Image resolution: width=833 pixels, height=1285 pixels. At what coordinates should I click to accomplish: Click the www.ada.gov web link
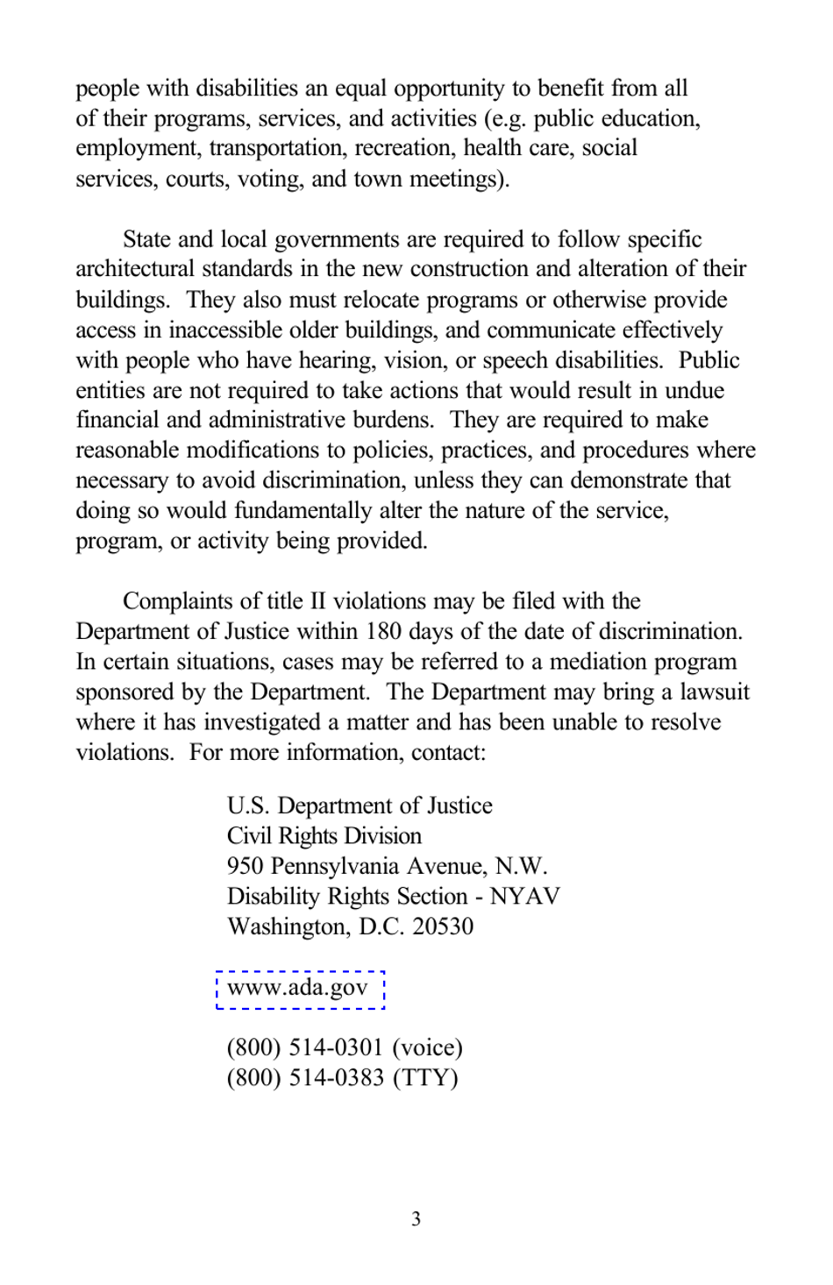pyautogui.click(x=297, y=988)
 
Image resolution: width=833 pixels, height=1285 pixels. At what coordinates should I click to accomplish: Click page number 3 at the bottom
pyautogui.click(x=416, y=1218)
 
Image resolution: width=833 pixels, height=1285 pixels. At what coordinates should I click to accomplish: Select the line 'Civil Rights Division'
pyautogui.click(x=324, y=835)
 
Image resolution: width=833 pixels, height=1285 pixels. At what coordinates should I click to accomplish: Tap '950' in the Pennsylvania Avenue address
pyautogui.click(x=245, y=866)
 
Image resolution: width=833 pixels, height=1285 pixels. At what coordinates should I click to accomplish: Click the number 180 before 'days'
pyautogui.click(x=383, y=632)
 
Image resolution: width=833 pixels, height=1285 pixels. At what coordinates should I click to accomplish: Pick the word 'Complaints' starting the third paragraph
pyautogui.click(x=178, y=601)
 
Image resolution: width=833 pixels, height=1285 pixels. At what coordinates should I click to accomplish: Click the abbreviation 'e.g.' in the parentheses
pyautogui.click(x=508, y=118)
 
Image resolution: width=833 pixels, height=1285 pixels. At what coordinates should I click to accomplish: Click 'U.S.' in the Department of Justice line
pyautogui.click(x=248, y=806)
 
